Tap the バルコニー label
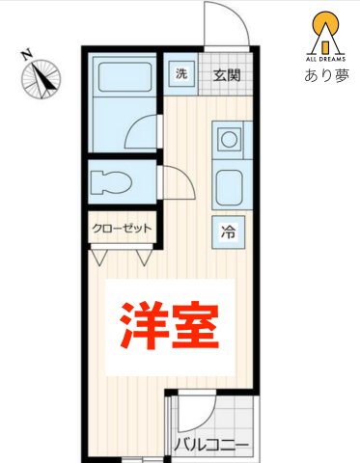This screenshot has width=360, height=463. tap(211, 447)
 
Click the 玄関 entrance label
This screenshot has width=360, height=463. tap(227, 75)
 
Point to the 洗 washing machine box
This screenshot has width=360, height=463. tap(180, 74)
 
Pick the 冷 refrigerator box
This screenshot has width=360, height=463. tap(229, 231)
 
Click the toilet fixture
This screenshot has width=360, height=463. tap(113, 180)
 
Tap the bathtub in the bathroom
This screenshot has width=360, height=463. tap(123, 78)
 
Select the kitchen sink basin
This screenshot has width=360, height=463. tap(230, 182)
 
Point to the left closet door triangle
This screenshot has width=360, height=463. tap(99, 257)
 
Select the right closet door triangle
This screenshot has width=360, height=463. tap(145, 257)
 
